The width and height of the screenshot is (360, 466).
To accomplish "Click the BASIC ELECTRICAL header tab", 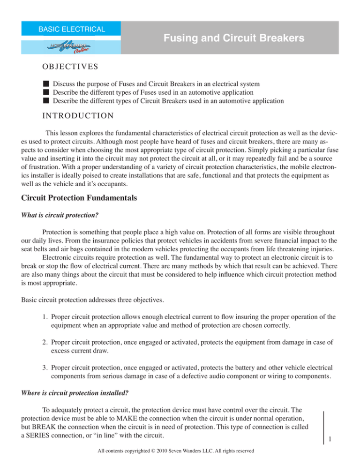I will click(72, 29).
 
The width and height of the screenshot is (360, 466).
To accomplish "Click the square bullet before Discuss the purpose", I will click(45, 83).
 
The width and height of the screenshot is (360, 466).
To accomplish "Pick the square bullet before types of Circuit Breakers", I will click(45, 100).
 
